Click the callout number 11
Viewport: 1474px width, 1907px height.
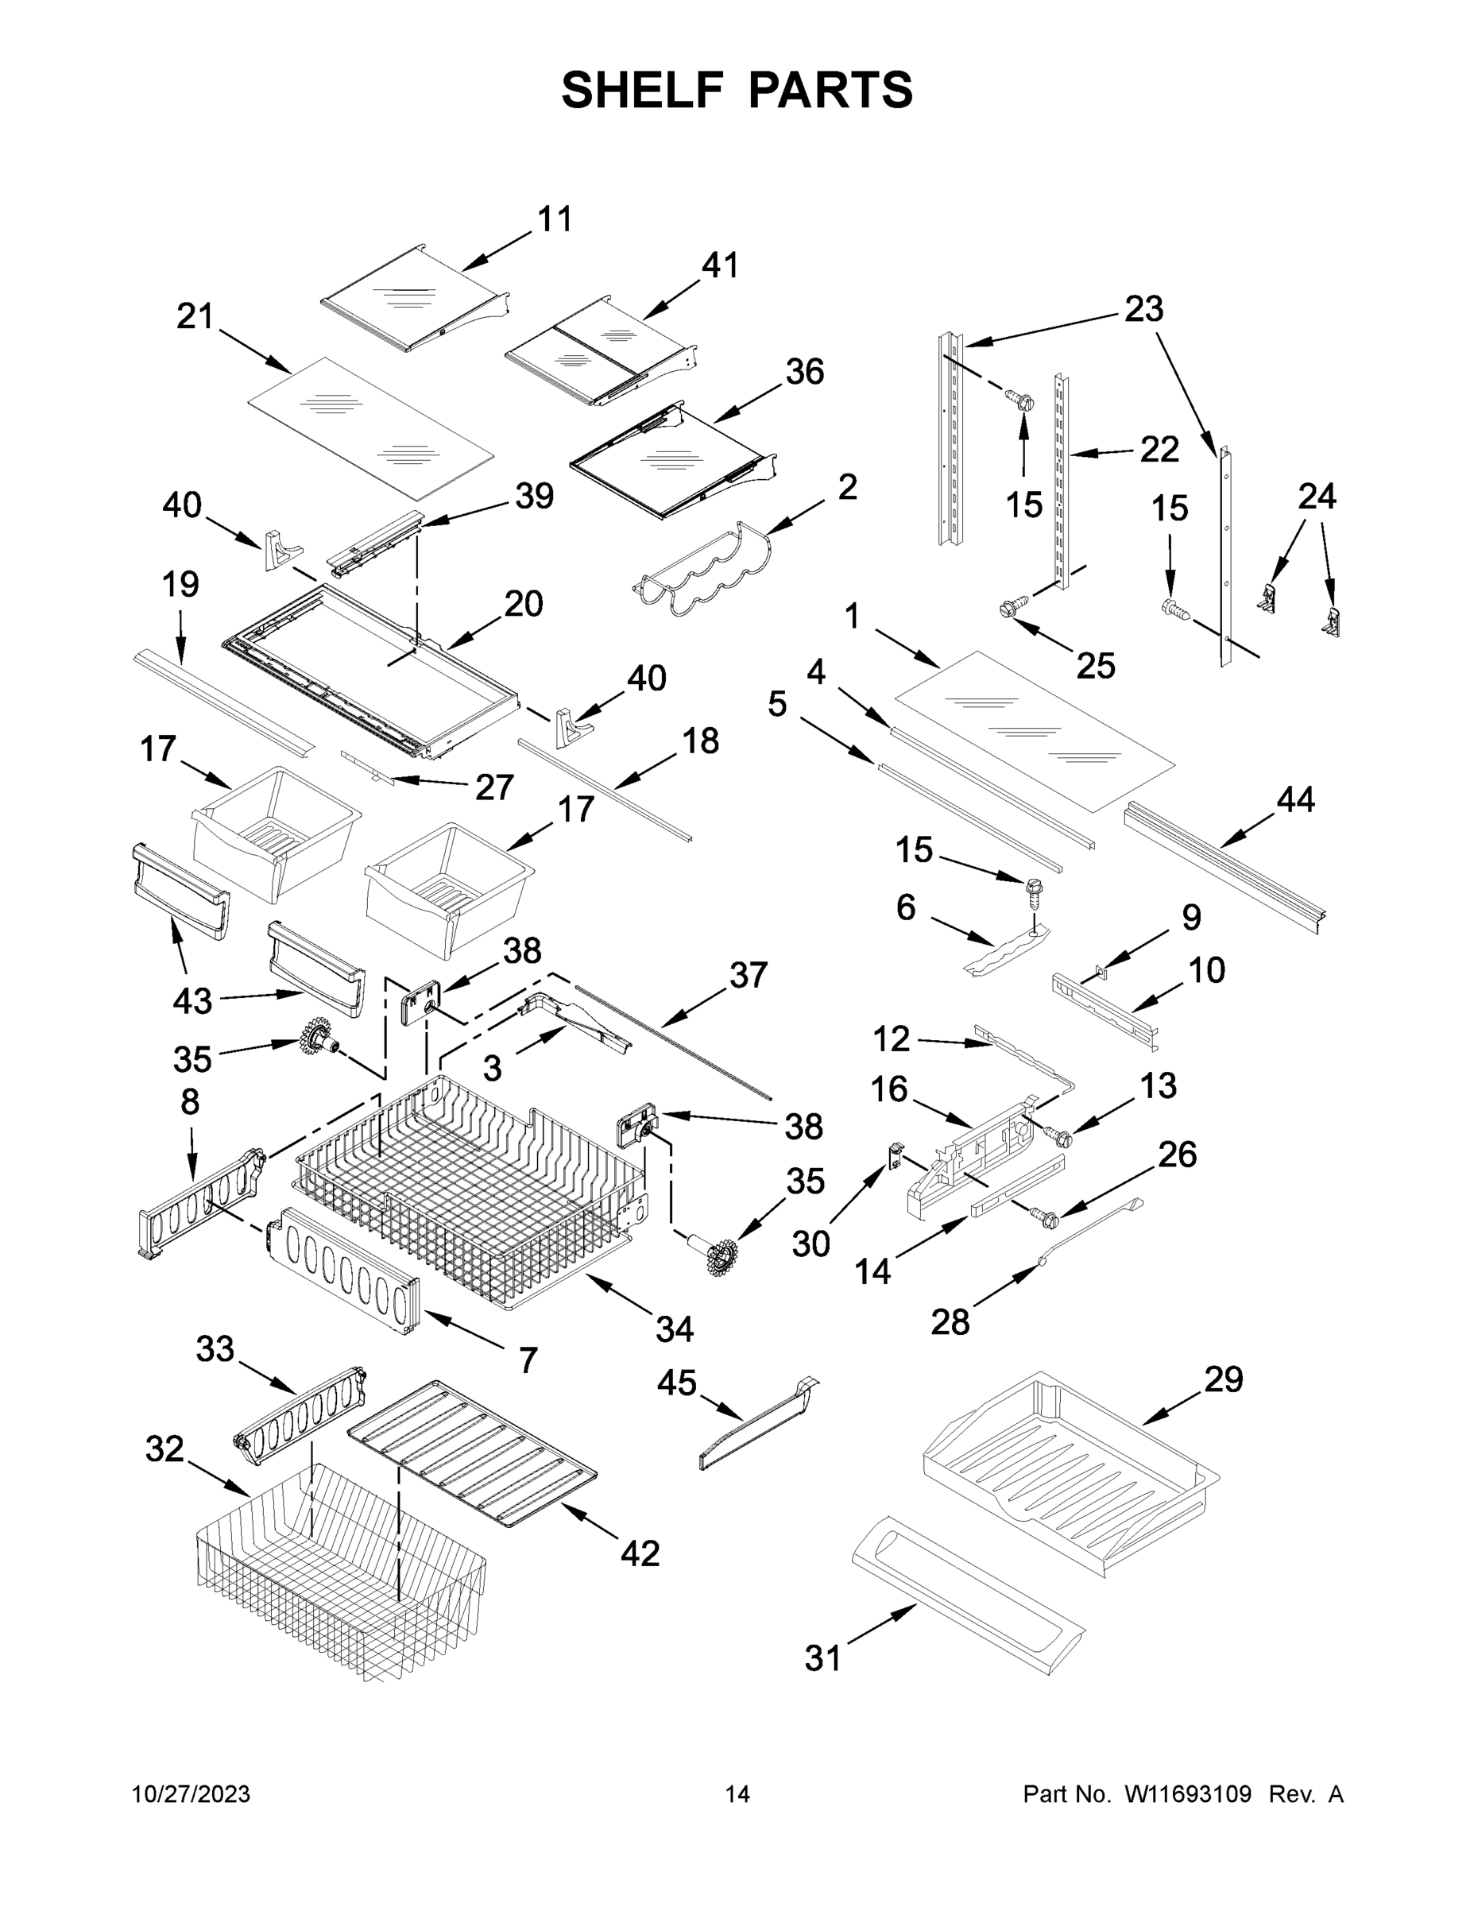pyautogui.click(x=555, y=219)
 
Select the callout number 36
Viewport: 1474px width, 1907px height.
pyautogui.click(x=804, y=372)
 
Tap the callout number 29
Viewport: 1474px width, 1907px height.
pyautogui.click(x=1223, y=1379)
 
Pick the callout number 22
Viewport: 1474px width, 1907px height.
pyautogui.click(x=1159, y=450)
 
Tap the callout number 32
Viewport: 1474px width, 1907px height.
pyautogui.click(x=164, y=1449)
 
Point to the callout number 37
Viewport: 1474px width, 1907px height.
pyautogui.click(x=748, y=975)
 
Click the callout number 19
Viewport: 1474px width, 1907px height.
pyautogui.click(x=180, y=584)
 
